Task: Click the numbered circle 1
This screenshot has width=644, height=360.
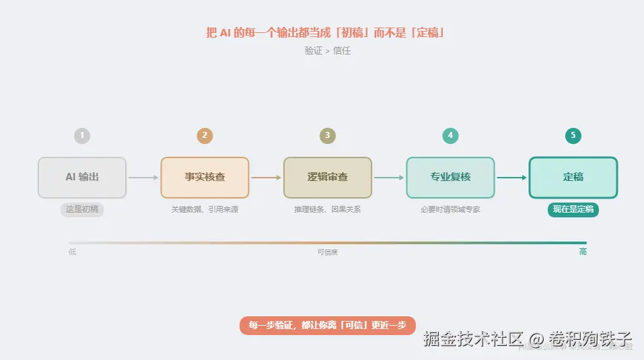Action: [x=82, y=136]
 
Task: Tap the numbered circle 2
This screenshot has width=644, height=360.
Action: [x=205, y=136]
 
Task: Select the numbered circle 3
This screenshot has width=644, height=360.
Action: [x=328, y=136]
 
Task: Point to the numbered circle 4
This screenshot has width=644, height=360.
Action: [x=450, y=136]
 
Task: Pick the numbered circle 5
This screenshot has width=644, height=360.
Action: [x=573, y=136]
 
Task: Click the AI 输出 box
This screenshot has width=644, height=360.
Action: [x=82, y=178]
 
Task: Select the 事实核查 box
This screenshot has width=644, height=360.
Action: [x=205, y=178]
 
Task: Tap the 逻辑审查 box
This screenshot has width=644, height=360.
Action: [x=328, y=178]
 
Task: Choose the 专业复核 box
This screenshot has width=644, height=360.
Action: [x=450, y=178]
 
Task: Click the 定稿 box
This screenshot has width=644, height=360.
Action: [x=573, y=178]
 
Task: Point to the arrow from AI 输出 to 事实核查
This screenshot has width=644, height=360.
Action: [x=143, y=178]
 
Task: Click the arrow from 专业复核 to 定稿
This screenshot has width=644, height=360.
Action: [x=511, y=178]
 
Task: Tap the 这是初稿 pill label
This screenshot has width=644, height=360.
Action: [x=82, y=209]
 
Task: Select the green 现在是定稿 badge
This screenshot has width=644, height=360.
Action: [x=573, y=209]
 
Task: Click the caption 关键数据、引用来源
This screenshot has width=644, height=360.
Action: [x=205, y=209]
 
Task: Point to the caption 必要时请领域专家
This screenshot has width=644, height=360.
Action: [x=450, y=209]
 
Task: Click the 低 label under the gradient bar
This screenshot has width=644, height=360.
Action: [x=72, y=252]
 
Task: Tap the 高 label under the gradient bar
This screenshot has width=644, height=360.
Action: [x=583, y=252]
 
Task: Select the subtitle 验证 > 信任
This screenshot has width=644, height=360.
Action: [x=328, y=50]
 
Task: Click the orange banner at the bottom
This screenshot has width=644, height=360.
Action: [x=328, y=326]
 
